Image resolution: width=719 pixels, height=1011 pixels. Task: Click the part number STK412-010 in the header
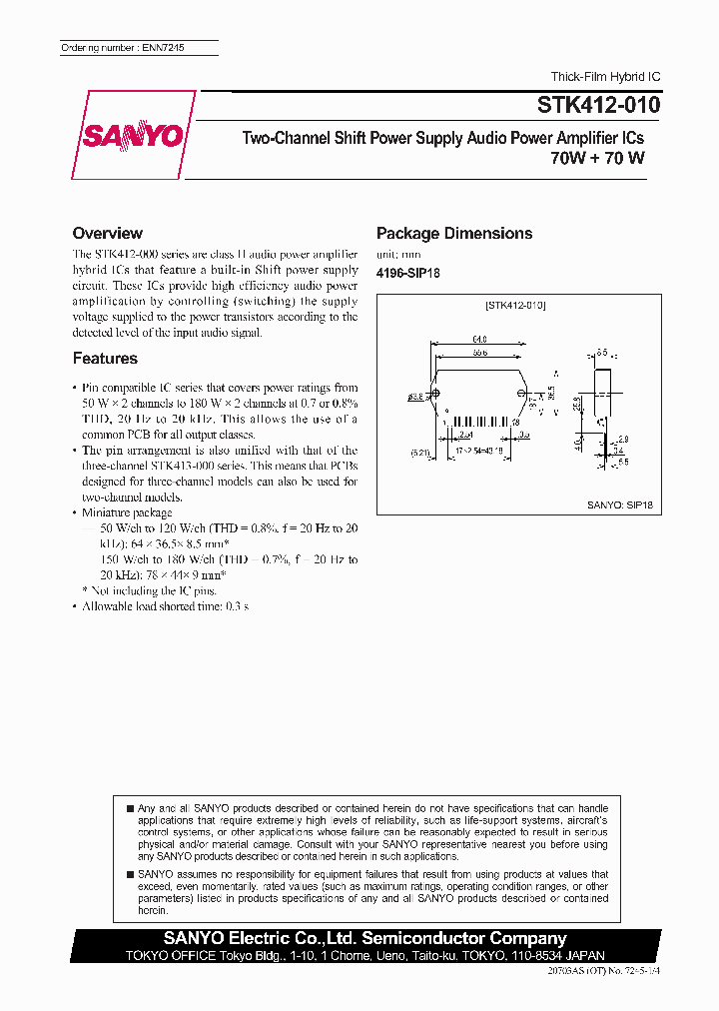coord(599,104)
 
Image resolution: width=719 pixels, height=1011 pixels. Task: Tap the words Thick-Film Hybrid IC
coord(605,77)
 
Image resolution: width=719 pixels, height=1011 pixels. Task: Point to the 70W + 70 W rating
coord(597,157)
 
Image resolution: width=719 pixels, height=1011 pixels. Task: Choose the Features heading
coord(105,359)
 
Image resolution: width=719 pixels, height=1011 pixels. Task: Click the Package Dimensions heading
coord(454,234)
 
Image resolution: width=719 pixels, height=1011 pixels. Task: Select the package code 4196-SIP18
coord(407,273)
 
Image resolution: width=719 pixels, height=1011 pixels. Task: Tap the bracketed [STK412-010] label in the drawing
coord(515,305)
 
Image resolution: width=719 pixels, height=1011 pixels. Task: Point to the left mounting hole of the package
coord(435,397)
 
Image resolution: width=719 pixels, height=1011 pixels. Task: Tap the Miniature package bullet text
coord(127,512)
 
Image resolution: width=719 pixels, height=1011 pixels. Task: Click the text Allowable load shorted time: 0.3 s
coord(165,606)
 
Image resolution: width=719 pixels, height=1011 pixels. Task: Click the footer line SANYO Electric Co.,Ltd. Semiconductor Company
coord(364,939)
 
